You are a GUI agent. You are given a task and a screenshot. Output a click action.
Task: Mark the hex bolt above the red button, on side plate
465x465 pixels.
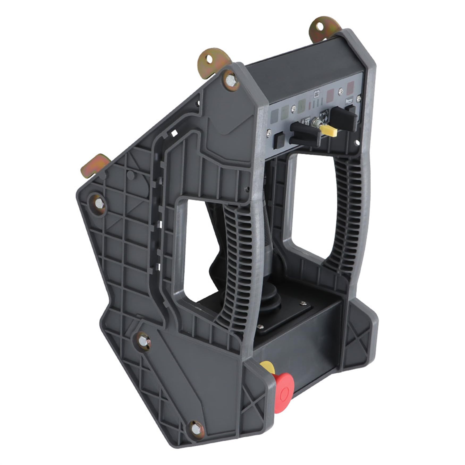click(143, 341)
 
